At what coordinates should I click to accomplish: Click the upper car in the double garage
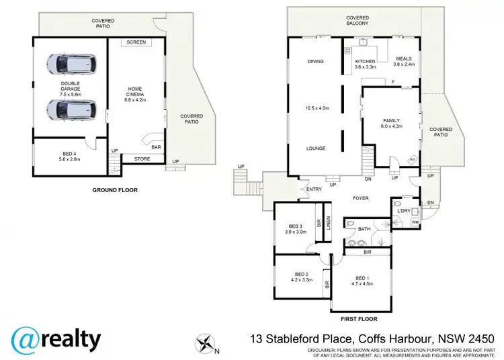coord(71,64)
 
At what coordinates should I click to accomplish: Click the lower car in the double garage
coord(71,108)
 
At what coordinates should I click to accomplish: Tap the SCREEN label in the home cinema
coord(136,42)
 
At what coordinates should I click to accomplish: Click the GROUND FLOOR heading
coord(115,190)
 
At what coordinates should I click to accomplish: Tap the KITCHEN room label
coord(364,61)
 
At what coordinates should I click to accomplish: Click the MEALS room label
coord(403,59)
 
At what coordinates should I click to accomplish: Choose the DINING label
coord(316,61)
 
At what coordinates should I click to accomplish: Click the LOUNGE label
coord(316,148)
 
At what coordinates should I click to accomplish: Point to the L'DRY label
coord(404,212)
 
